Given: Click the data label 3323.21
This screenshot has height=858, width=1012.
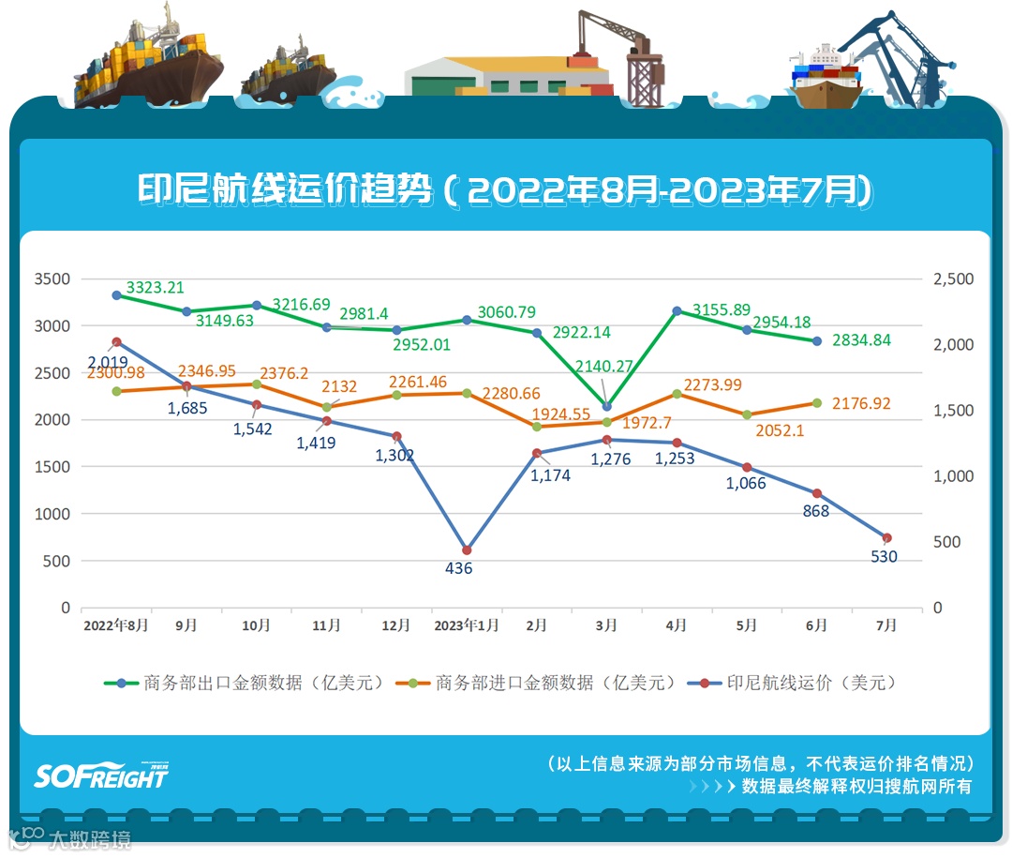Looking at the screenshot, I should pos(155,287).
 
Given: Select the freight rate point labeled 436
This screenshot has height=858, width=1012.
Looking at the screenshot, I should pos(467,550).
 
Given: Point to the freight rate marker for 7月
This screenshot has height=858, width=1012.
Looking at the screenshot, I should pos(886,538).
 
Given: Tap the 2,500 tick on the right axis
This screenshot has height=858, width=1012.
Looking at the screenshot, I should pos(953,279).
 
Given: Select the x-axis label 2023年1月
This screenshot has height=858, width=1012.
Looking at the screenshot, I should pos(467,625).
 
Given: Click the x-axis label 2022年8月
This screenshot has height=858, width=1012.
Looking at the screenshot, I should pos(116,625).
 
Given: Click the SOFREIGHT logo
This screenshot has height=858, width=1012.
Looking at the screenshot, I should pos(101,774).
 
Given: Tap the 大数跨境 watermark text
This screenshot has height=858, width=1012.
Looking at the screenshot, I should pos(90,838).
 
